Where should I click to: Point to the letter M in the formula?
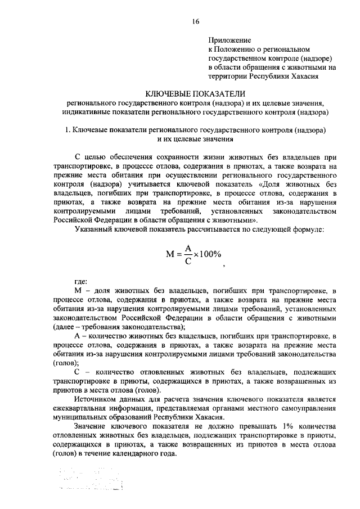point(171,254)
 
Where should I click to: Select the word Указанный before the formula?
point(93,228)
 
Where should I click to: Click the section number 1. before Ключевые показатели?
point(66,130)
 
